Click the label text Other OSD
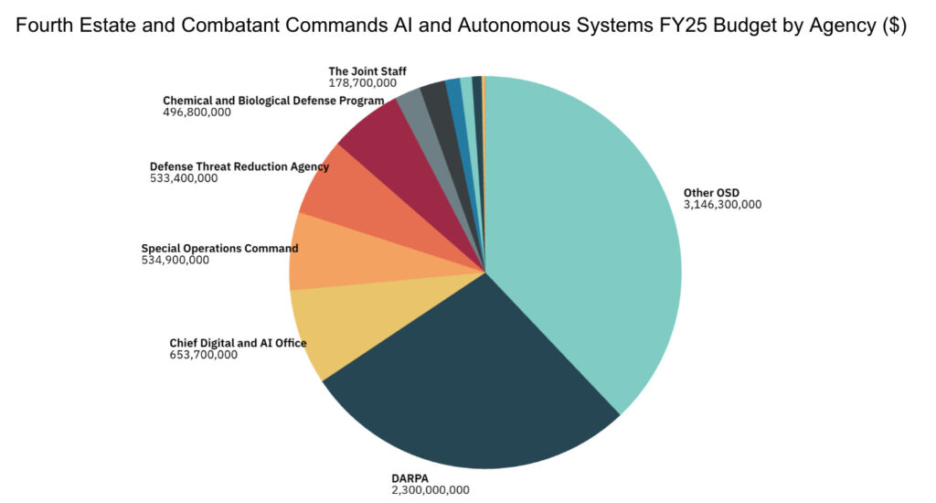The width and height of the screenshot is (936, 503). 711,192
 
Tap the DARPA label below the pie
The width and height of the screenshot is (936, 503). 411,477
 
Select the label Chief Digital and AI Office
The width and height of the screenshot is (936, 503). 238,343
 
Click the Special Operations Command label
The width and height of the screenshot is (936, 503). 219,248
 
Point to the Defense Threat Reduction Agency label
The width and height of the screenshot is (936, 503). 239,166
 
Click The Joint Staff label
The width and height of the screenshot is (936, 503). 367,70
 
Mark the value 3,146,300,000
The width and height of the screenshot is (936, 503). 722,205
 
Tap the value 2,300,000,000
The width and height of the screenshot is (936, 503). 431,490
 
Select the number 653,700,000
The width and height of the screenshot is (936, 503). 203,355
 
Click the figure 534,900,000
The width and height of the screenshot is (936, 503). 175,260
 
